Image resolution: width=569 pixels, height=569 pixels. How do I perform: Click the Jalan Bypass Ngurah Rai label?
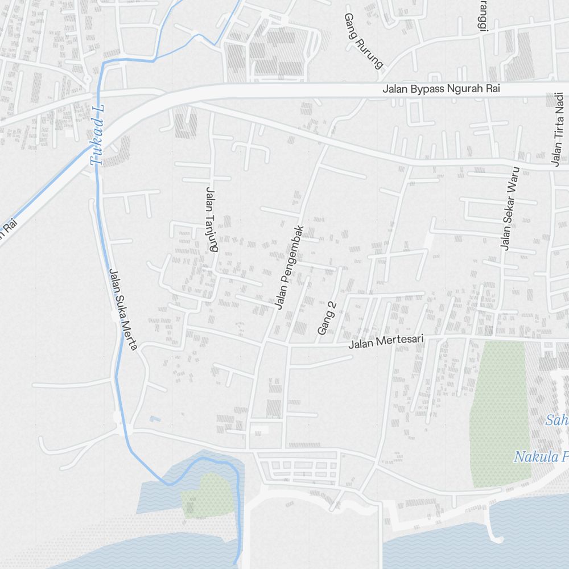441,89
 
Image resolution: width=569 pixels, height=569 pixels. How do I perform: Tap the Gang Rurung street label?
363,41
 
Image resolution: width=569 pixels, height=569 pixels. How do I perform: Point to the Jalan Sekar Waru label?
509,208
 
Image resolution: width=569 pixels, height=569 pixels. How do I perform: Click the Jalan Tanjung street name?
212,219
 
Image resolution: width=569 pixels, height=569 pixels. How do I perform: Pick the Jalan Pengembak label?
288,267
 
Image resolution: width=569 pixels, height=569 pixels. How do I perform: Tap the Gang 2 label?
327,318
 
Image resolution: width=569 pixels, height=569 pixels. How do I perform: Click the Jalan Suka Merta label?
123,309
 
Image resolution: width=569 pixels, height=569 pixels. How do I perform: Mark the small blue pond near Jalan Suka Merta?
155,419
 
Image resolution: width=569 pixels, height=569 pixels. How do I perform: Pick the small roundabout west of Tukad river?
86,80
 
